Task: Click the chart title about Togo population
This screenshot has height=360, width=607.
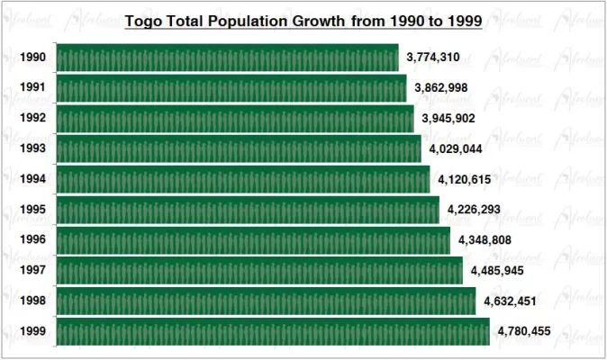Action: (x=303, y=21)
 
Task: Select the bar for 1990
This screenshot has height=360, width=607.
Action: (x=227, y=58)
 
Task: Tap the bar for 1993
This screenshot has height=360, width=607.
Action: (x=239, y=148)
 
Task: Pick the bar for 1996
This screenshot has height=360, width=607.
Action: (x=253, y=240)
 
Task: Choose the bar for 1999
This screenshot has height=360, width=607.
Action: (x=273, y=331)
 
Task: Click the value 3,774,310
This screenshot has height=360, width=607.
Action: (x=433, y=58)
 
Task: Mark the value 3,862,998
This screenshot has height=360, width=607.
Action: (x=441, y=88)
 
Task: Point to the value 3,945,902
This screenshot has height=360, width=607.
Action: (x=448, y=118)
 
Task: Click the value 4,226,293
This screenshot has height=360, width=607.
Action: (x=474, y=210)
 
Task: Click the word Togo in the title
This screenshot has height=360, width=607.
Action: (x=140, y=21)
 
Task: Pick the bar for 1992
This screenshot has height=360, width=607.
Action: (x=235, y=118)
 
